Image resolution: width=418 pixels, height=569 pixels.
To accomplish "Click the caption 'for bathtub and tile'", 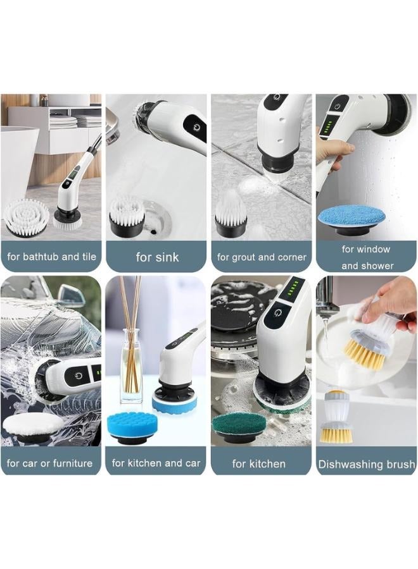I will pos(51,257).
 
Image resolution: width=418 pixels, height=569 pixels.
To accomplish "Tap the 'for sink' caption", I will pos(157,257).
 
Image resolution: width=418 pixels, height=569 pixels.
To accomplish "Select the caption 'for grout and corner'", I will pos(262,257).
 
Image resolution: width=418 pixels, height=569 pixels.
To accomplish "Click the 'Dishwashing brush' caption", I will pos(367,465).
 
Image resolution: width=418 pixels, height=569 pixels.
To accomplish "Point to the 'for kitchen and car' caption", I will pos(156,463).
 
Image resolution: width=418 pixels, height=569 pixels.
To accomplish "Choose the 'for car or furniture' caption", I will pos(49,463).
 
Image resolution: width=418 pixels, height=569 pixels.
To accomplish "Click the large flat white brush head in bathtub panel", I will pos(27,216).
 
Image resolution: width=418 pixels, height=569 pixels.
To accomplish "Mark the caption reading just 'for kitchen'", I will pos(258,464).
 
